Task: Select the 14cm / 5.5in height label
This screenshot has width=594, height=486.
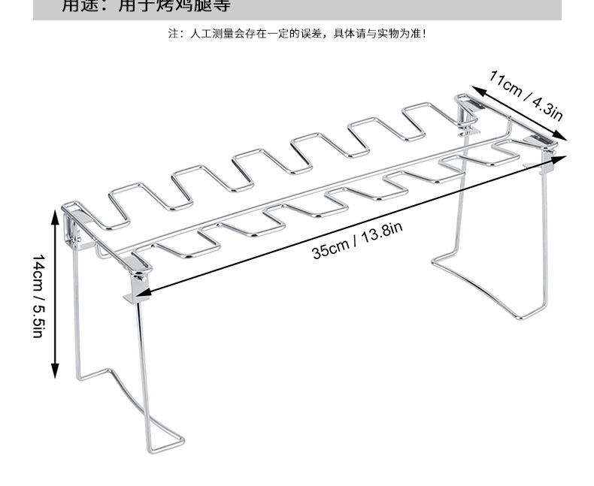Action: pos(38,295)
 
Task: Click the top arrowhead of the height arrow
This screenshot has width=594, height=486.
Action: pos(55,215)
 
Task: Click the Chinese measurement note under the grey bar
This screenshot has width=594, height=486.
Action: pos(297,34)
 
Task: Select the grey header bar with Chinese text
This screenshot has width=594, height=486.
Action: pos(297,9)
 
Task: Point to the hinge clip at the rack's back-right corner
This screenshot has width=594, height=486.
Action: pos(468,109)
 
